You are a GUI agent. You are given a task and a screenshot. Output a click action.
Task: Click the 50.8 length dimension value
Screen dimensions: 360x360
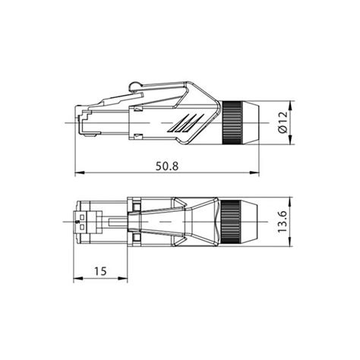167,166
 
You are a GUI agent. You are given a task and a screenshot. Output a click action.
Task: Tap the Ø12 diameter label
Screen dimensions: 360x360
283,122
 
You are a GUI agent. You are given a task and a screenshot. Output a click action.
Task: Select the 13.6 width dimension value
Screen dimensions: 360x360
282,222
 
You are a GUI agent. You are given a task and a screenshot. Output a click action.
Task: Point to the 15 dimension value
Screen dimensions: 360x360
100,271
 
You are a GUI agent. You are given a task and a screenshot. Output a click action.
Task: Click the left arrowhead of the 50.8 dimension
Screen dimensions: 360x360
80,172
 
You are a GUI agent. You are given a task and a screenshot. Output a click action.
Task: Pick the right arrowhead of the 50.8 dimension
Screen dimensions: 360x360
254,172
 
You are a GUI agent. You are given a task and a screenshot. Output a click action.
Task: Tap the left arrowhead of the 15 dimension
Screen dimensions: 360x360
78,278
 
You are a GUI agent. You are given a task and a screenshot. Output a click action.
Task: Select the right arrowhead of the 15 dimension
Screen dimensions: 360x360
123,278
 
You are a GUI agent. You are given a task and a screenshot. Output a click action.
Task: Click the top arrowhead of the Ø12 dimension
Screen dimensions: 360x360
290,106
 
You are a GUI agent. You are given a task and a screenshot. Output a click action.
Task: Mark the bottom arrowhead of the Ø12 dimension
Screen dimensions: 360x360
290,140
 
